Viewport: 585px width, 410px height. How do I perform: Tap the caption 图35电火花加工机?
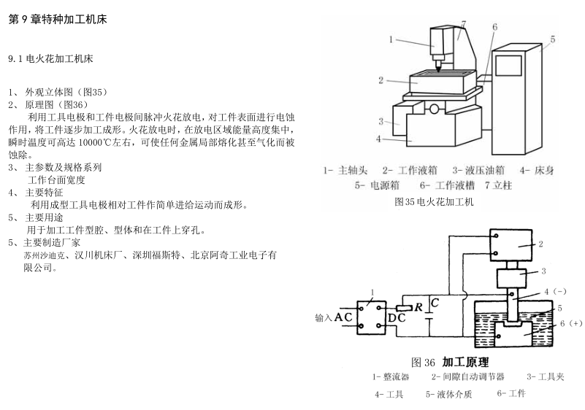[434, 202]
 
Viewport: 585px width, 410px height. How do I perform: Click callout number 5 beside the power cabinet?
[553, 39]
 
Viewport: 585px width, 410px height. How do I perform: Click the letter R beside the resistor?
[418, 306]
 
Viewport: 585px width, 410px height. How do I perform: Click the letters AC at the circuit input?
[344, 317]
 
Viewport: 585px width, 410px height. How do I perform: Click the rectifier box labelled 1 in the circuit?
[371, 317]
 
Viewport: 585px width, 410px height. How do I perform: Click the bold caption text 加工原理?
[464, 362]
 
